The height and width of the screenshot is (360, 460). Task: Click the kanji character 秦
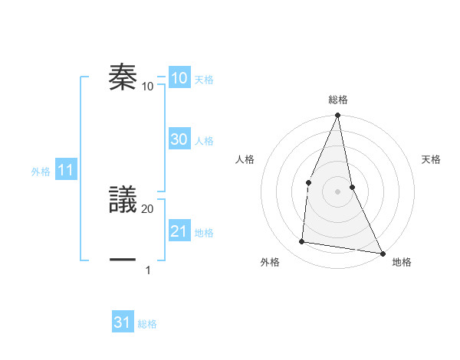click(123, 77)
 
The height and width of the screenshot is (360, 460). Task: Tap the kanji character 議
click(123, 198)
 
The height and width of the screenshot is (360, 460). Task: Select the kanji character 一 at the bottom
click(123, 260)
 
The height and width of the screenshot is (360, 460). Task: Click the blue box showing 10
click(179, 78)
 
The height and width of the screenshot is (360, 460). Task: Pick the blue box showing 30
click(179, 139)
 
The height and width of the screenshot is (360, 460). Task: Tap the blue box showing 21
click(179, 231)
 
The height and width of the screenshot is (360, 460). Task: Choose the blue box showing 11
click(65, 170)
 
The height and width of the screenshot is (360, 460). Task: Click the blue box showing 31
click(123, 322)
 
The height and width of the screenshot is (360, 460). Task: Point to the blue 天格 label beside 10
click(204, 80)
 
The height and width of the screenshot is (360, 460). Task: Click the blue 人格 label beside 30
click(204, 141)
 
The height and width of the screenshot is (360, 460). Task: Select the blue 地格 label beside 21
click(204, 233)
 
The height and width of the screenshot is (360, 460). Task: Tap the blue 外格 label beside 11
click(41, 172)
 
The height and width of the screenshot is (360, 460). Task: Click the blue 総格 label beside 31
click(147, 324)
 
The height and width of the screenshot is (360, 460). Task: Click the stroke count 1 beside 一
click(148, 270)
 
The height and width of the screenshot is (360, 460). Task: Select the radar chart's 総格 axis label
click(337, 100)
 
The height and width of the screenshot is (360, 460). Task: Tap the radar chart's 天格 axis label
click(431, 159)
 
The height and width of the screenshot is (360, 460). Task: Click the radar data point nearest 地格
click(382, 253)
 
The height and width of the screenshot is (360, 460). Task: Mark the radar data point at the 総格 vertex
click(337, 116)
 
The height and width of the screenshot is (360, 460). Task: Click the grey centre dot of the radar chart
click(337, 191)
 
